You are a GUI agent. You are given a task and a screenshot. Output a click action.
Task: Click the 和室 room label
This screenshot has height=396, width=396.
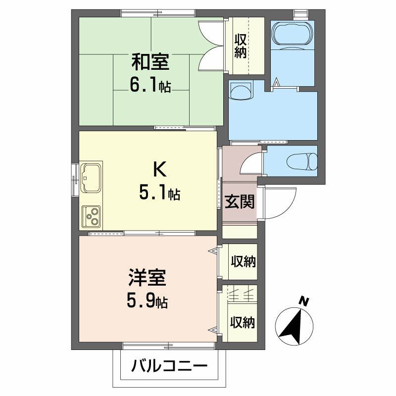pyautogui.click(x=150, y=62)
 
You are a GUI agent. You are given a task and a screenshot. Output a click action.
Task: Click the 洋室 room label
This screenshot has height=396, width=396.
pyautogui.click(x=147, y=278)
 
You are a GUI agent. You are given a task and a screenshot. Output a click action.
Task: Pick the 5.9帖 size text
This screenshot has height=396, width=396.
pyautogui.click(x=147, y=300)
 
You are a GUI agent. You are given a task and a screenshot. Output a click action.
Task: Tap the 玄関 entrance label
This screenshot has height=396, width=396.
pyautogui.click(x=240, y=202)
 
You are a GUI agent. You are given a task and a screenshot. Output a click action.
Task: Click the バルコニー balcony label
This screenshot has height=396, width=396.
pyautogui.click(x=169, y=366)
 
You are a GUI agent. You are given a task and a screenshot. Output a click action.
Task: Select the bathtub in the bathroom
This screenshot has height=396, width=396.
pyautogui.click(x=292, y=35)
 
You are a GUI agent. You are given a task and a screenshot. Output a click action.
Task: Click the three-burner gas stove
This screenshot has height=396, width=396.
pyautogui.click(x=91, y=216)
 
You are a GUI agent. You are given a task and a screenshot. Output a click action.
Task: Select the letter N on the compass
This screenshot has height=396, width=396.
pyautogui.click(x=304, y=301)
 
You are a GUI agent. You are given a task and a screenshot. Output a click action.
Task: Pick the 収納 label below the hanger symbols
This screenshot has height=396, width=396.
pyautogui.click(x=243, y=323)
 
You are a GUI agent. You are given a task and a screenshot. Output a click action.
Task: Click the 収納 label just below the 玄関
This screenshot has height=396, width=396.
pyautogui.click(x=244, y=261)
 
